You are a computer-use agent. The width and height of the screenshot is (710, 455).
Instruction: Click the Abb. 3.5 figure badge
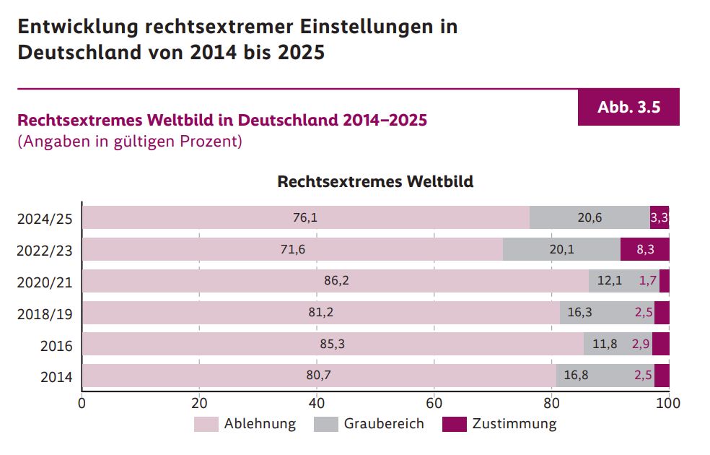[x=628, y=108]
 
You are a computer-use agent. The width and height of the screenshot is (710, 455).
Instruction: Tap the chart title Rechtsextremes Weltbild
[x=375, y=181]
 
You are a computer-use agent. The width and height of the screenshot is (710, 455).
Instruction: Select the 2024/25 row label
[x=45, y=219]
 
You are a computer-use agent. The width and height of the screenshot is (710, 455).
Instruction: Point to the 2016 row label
[x=56, y=346]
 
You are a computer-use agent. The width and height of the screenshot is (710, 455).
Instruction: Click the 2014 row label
[x=56, y=377]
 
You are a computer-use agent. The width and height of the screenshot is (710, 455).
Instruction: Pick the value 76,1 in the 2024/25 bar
[x=305, y=217]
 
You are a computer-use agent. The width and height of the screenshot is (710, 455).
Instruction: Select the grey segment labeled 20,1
[x=561, y=249]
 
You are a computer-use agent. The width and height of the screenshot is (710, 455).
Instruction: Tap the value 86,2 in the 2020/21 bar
[x=336, y=281]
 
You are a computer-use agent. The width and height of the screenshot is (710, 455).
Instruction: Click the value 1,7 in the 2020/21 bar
[x=647, y=281]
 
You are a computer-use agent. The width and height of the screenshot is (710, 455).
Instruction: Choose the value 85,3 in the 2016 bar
[x=332, y=344]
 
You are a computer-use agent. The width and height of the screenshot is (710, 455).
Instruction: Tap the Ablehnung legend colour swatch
[x=206, y=424]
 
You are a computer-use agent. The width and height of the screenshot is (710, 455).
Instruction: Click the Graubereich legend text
[x=384, y=424]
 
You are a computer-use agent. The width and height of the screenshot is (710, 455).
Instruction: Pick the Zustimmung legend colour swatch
[x=455, y=424]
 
